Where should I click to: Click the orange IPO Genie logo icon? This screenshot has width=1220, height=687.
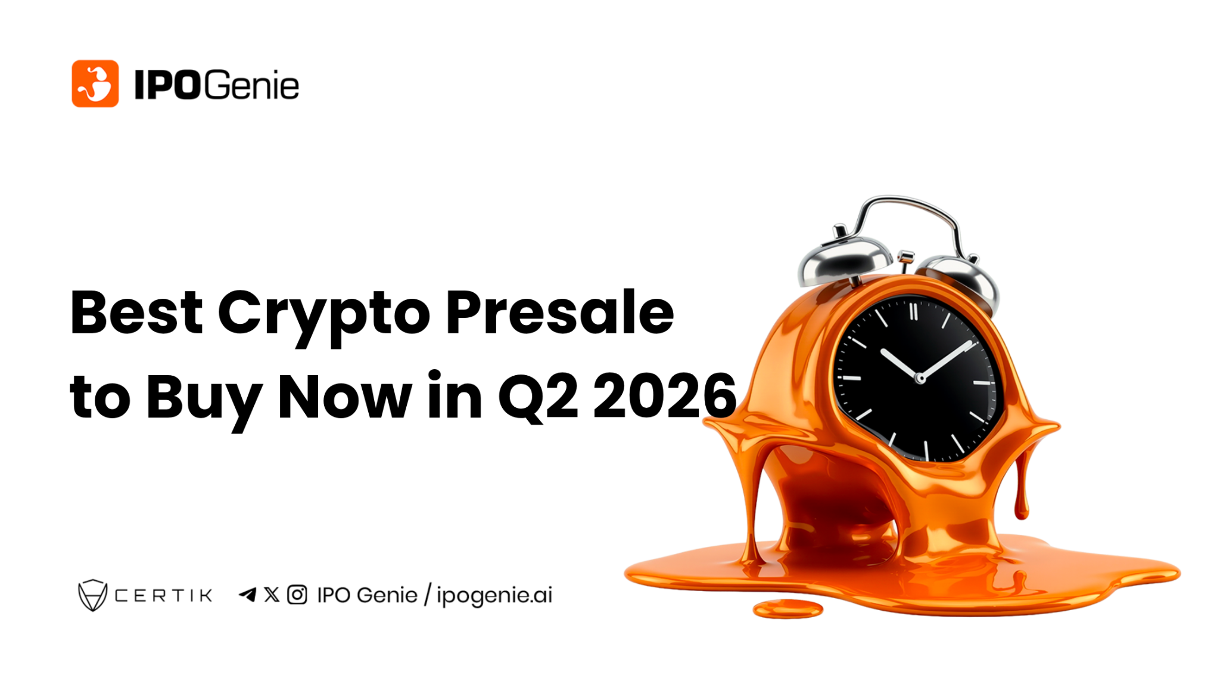coord(95,83)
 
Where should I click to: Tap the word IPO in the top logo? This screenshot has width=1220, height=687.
coord(167,85)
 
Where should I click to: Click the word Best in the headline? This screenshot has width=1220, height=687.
coord(136,312)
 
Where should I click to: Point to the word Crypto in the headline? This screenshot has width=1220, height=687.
coord(323,314)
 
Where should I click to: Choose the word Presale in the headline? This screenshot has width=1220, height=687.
coord(559,312)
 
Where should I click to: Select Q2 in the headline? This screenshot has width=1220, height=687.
coord(538,397)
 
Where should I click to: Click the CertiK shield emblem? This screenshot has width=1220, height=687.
coord(92,595)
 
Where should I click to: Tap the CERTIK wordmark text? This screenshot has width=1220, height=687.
coord(163,596)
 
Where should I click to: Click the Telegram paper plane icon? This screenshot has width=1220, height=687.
coord(247,595)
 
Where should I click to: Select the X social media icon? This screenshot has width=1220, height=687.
coord(272,595)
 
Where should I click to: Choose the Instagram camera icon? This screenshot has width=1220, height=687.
coord(297,595)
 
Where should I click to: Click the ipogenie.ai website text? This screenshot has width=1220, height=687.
coord(494,596)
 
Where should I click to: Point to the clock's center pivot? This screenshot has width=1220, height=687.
coord(920,378)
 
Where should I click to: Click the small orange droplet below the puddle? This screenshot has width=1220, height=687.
coord(788,609)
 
